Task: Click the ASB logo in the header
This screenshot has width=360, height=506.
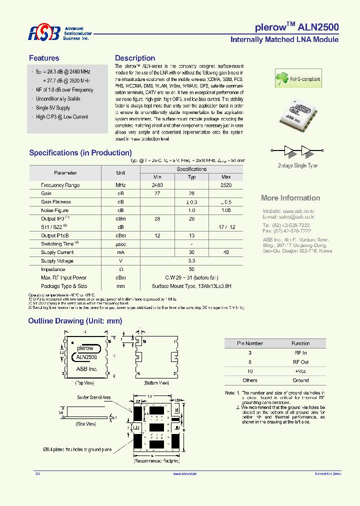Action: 44,33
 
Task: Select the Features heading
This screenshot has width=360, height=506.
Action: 44,58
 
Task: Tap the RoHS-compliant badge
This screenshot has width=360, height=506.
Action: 298,79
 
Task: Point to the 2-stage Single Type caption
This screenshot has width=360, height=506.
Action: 297,165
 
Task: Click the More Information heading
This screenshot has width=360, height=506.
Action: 290,198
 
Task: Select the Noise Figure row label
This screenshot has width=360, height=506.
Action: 55,210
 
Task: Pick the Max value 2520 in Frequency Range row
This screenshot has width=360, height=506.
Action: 226,185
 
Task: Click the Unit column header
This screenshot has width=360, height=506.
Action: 120,172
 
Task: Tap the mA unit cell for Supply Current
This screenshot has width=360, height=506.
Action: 120,252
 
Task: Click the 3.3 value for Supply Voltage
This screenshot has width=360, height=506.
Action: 191,261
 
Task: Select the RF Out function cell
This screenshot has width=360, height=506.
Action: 300,362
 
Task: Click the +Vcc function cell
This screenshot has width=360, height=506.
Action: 300,371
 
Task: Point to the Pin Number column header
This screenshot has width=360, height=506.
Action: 250,343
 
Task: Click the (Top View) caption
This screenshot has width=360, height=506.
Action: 85,382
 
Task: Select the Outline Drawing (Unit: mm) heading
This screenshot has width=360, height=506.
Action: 75,321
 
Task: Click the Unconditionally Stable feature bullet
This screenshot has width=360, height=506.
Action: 58,99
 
